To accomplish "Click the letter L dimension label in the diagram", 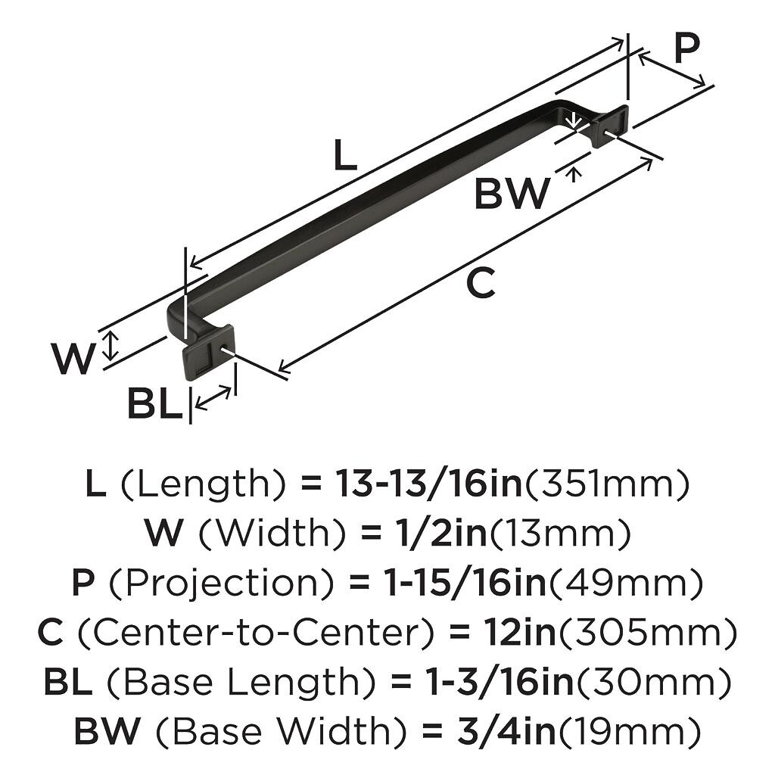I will pos(344,157).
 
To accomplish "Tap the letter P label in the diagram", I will pos(686,50).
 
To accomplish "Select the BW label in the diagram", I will pos(512,194).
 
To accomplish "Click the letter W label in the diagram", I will pos(74,359).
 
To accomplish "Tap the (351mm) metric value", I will pos(607,484).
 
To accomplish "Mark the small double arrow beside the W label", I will pos(111,344).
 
